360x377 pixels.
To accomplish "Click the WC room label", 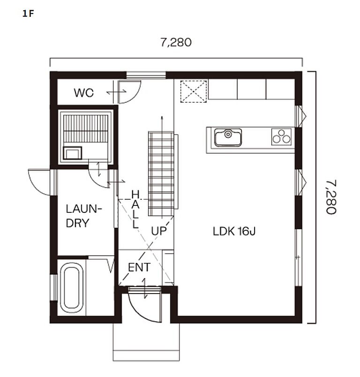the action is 83,93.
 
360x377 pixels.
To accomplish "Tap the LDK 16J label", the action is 234,231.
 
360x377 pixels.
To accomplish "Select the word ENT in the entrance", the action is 139,267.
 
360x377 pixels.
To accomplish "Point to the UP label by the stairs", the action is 159,231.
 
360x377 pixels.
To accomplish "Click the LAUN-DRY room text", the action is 84,216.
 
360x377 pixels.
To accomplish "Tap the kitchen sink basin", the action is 228,137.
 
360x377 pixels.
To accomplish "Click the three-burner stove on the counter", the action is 281,136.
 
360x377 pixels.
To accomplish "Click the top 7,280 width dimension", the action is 176,43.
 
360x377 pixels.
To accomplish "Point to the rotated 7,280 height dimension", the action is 331,197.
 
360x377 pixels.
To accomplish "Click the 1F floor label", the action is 28,14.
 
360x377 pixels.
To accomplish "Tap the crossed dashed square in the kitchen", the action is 194,91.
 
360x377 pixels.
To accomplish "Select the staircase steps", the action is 161,173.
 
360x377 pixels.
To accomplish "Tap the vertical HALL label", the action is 135,209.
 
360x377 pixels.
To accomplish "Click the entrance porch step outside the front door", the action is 146,342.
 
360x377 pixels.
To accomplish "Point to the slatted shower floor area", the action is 86,128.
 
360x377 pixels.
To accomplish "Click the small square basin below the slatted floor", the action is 72,153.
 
